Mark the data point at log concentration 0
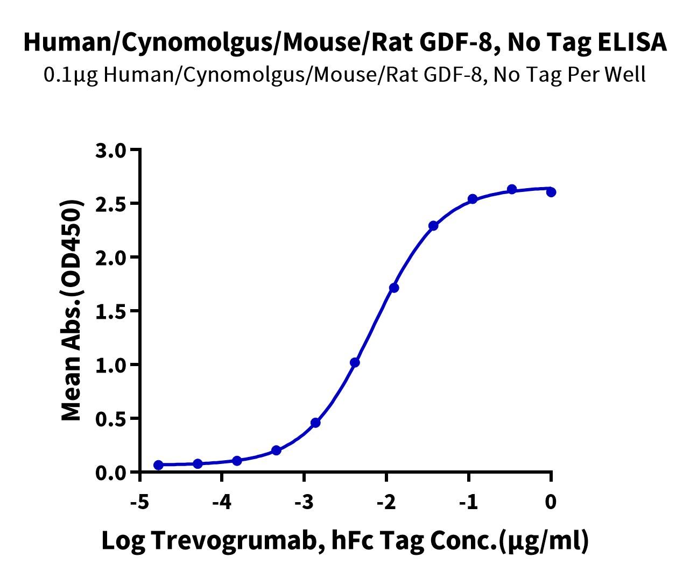click(x=551, y=192)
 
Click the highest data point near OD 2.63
click(x=512, y=189)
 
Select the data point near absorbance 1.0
click(x=355, y=362)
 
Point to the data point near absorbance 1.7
click(x=394, y=288)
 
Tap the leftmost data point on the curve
click(x=158, y=465)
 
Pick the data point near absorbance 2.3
click(x=433, y=225)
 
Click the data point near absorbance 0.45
click(x=315, y=423)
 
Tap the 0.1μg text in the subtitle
click(x=72, y=75)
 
